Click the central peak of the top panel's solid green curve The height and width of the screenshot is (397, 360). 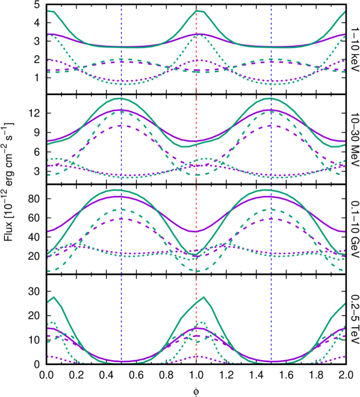pos(199,11)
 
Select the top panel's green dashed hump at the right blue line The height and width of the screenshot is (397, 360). pos(270,60)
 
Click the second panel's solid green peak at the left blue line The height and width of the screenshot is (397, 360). pos(121,98)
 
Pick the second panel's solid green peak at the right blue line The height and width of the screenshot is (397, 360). pos(271,98)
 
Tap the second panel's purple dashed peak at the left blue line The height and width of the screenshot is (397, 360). pos(122,125)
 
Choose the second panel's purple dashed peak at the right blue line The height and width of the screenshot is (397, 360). pos(271,125)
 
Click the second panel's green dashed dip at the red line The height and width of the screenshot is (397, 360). pos(196,174)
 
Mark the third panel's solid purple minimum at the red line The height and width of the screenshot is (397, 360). pos(196,232)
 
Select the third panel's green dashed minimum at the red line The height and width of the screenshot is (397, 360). pos(197,271)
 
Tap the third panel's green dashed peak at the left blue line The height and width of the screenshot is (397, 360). pos(122,209)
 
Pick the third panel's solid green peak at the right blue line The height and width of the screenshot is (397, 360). pos(270,190)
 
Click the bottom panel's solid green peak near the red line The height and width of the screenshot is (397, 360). pos(204,297)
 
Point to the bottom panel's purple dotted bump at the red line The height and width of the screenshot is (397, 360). pos(196,357)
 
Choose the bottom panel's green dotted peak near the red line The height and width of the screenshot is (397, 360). pos(201,322)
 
